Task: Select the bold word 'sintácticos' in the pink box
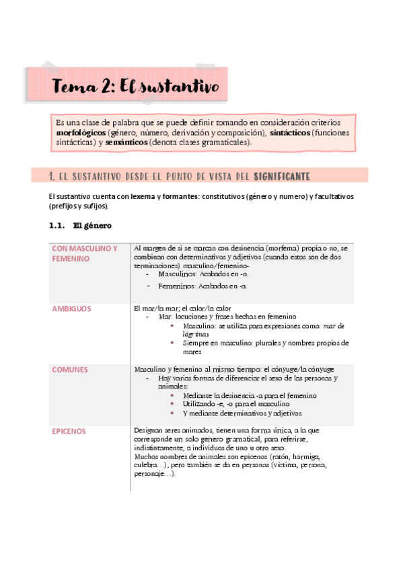pyautogui.click(x=290, y=133)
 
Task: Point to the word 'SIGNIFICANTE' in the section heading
pyautogui.click(x=282, y=176)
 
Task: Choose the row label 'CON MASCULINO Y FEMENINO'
pyautogui.click(x=84, y=253)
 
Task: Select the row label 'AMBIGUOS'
pyautogui.click(x=72, y=309)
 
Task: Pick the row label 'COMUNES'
pyautogui.click(x=70, y=369)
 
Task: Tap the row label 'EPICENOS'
pyautogui.click(x=69, y=430)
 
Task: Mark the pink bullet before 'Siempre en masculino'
pyautogui.click(x=173, y=343)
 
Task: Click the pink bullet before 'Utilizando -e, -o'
pyautogui.click(x=173, y=404)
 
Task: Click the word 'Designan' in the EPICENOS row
pyautogui.click(x=149, y=430)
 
